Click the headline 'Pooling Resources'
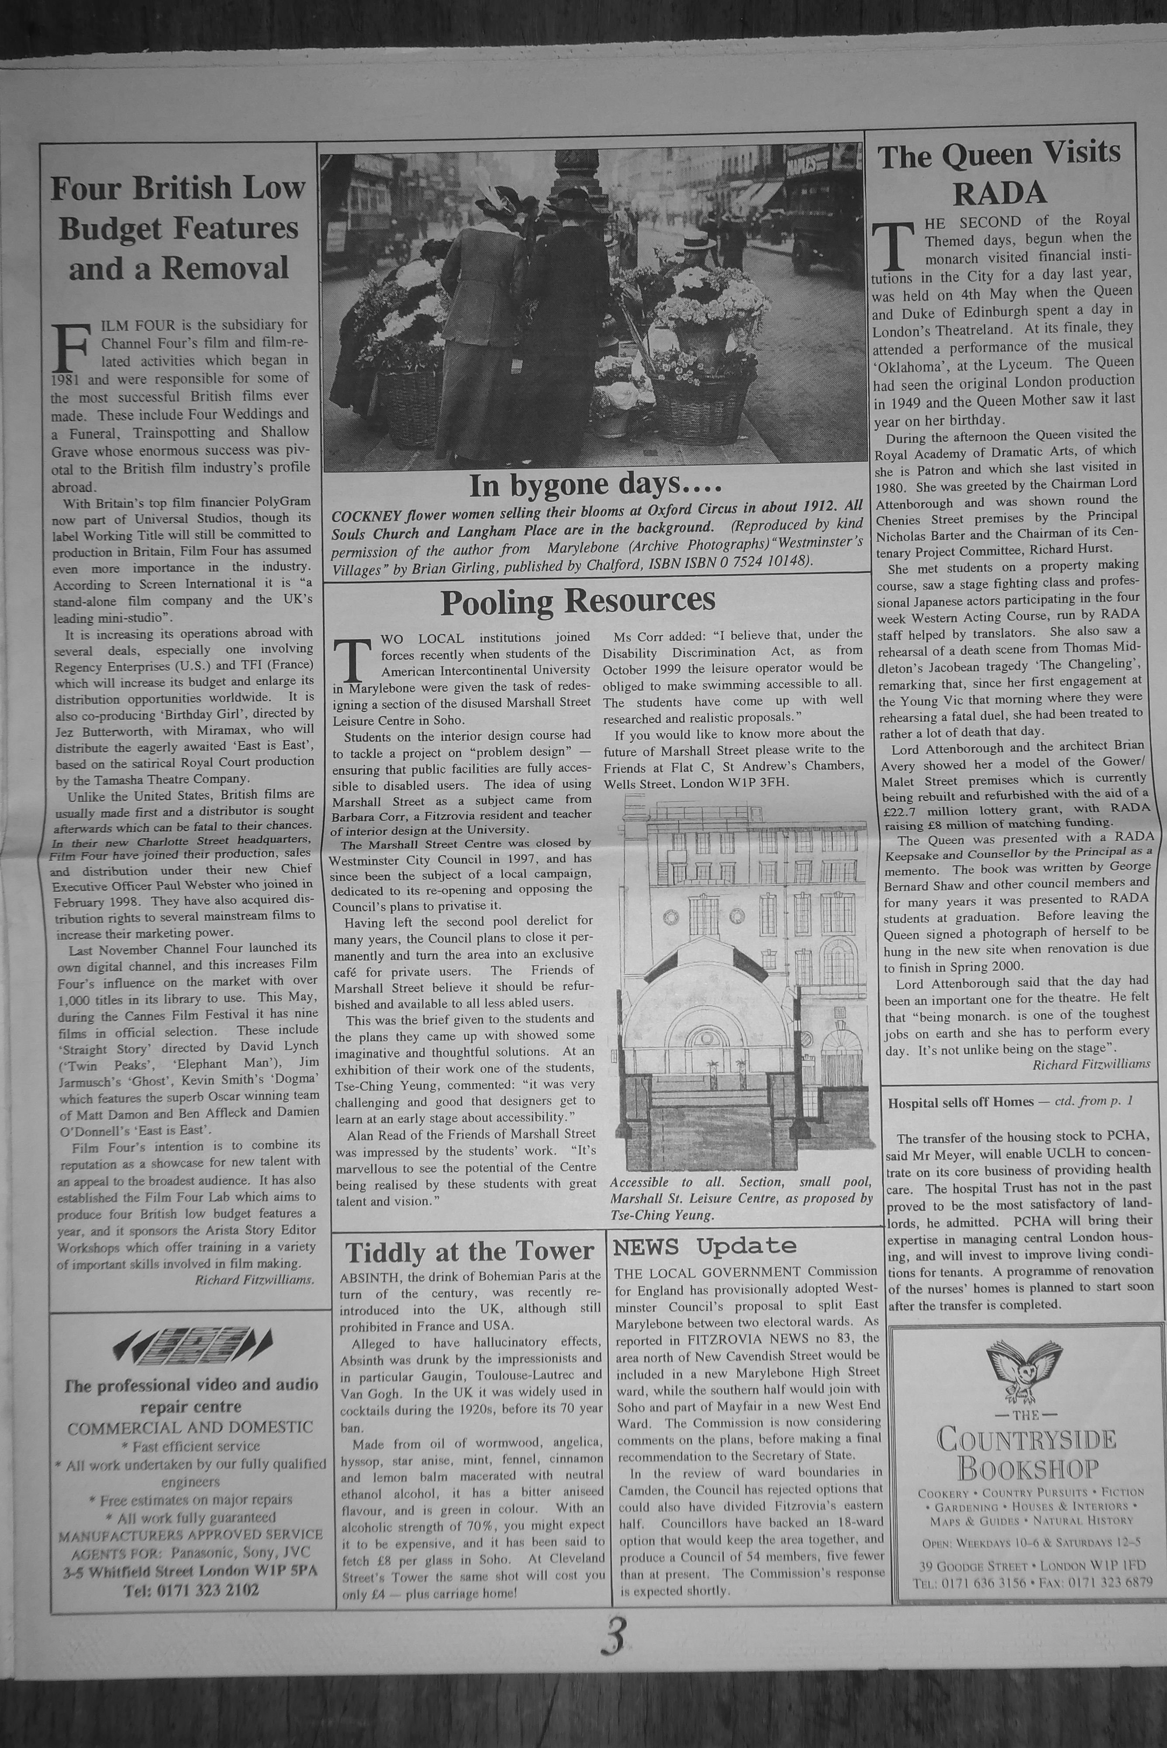(x=577, y=601)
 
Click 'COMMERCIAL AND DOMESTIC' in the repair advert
(x=190, y=1427)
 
